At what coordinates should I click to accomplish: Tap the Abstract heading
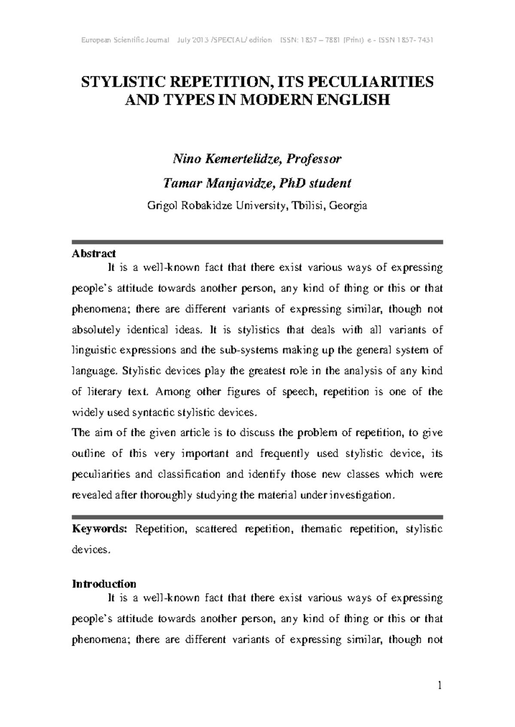(94, 254)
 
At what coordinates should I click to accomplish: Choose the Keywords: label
(100, 529)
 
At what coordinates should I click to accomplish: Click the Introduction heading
(104, 584)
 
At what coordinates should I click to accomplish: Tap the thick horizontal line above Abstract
(257, 242)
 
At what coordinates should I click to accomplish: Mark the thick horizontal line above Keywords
(257, 517)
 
